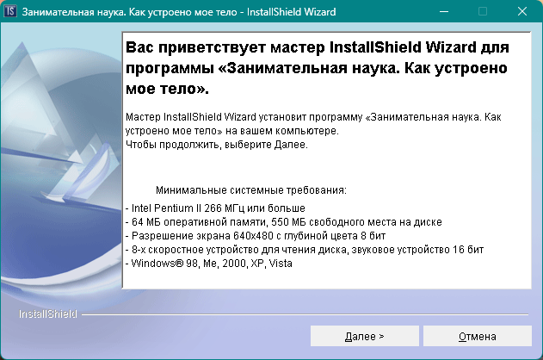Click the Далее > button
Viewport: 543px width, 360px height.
click(x=364, y=336)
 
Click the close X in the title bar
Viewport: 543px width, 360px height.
click(x=522, y=12)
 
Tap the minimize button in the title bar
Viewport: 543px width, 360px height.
click(x=442, y=12)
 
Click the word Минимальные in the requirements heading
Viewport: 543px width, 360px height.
click(x=187, y=189)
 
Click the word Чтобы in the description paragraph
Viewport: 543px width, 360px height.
click(x=140, y=145)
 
